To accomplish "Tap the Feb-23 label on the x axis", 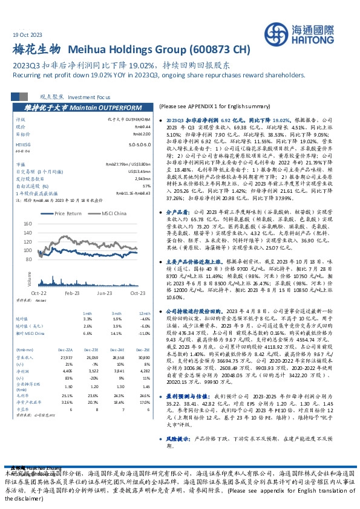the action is click(72, 292).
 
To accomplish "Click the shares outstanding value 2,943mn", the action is click(143, 180).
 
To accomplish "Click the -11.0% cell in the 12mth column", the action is click(143, 332).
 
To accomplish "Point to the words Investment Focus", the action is click(89, 97).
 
